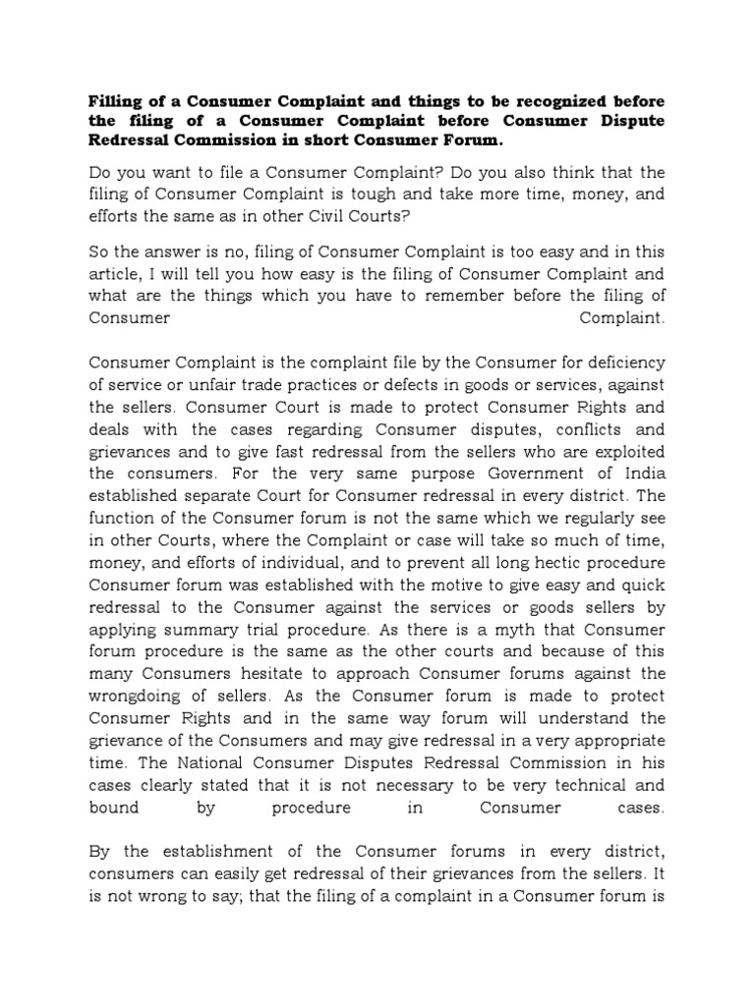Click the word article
pos(116,273)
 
